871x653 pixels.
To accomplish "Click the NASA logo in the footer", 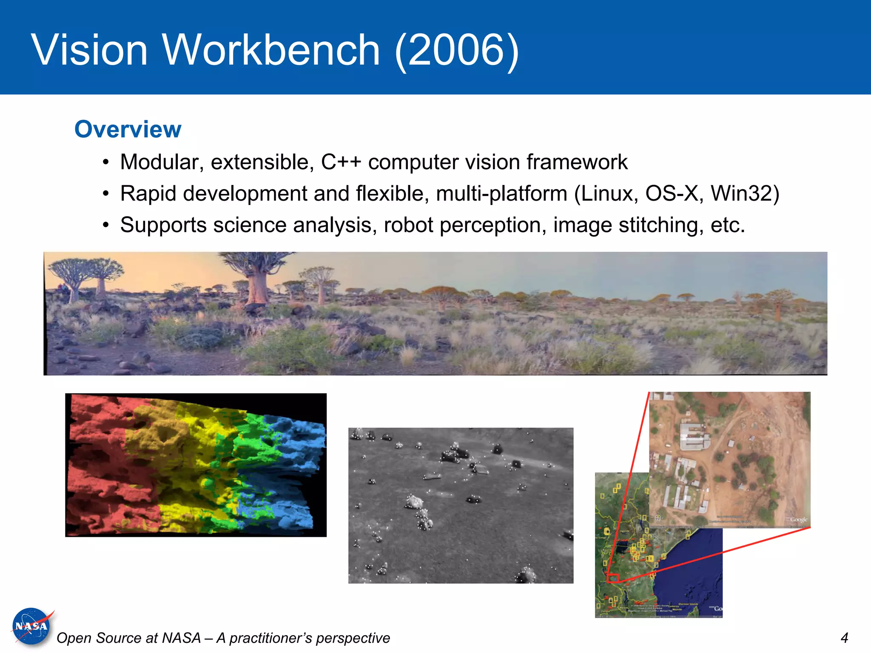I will pyautogui.click(x=31, y=627).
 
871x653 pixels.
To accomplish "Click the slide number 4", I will pyautogui.click(x=844, y=638).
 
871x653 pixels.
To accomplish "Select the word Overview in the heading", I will pyautogui.click(x=128, y=129).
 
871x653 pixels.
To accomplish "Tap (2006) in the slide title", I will pyautogui.click(x=457, y=50).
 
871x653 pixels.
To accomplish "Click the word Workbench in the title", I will pyautogui.click(x=271, y=50).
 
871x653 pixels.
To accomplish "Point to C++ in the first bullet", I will pyautogui.click(x=341, y=162).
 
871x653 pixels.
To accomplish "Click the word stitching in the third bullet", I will pyautogui.click(x=658, y=225).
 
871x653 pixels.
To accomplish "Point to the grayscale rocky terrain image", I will pyautogui.click(x=461, y=505).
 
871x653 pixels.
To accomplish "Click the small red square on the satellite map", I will pyautogui.click(x=612, y=578).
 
